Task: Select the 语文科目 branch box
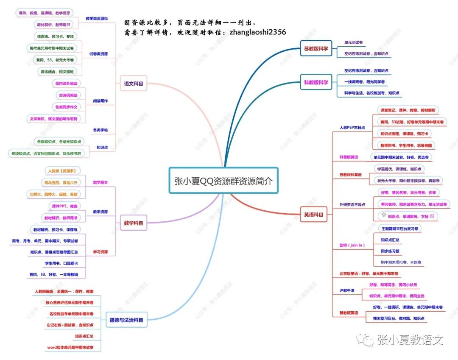coord(133,84)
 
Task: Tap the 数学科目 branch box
coord(133,223)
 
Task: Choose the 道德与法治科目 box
coord(126,321)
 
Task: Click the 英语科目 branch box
coord(313,215)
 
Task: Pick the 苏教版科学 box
coord(316,48)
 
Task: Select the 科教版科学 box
coord(316,82)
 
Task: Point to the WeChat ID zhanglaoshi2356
coord(257,32)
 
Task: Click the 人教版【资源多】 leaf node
coord(63,171)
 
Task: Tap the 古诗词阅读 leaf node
coord(68,95)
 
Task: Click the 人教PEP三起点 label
coord(352,127)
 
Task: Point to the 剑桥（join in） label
coord(352,245)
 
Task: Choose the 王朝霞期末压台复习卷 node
coord(399,229)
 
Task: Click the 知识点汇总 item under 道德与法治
coord(84,336)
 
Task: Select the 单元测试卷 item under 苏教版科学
coord(353,43)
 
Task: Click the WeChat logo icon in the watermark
coord(365,339)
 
